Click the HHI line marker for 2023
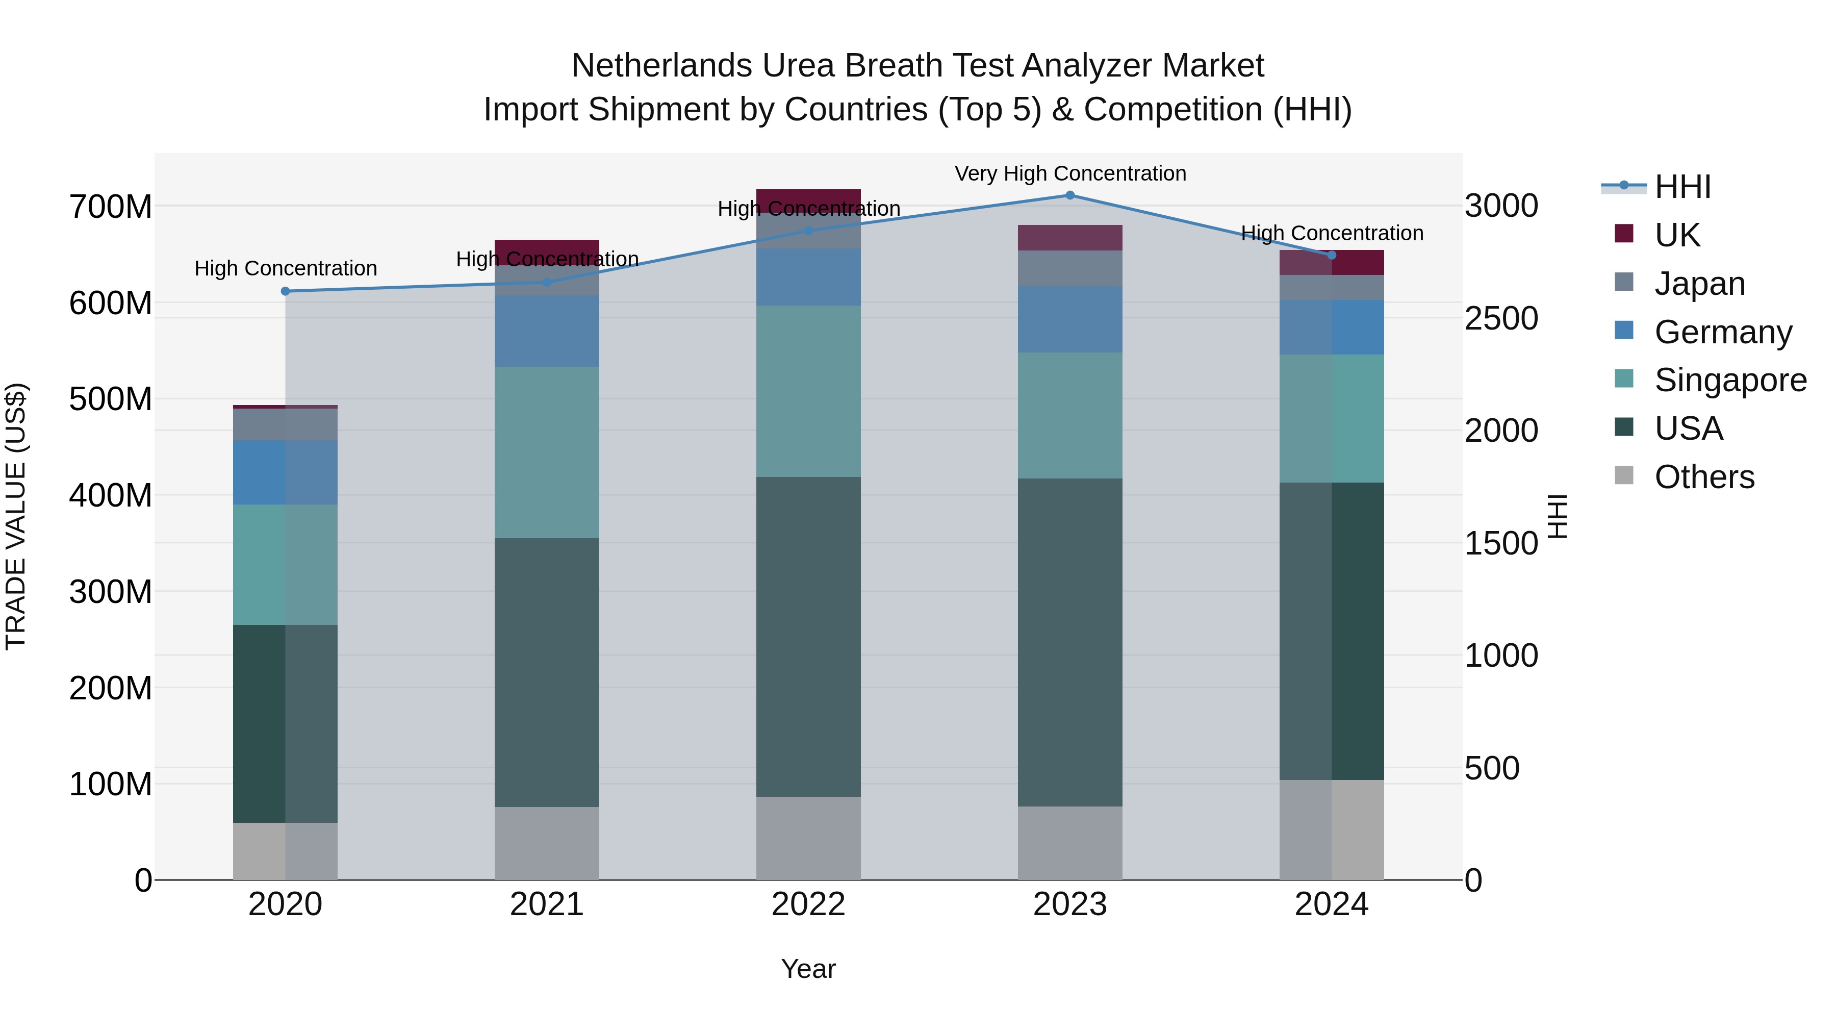tap(1070, 195)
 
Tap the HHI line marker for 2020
tap(285, 291)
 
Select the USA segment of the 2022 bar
tap(808, 636)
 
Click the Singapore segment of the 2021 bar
tap(547, 452)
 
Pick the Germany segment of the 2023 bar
tap(1070, 319)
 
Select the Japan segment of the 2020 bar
tap(285, 424)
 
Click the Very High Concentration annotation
tap(1070, 173)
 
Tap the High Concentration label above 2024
tap(1332, 233)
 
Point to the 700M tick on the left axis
tap(111, 207)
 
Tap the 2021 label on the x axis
tap(547, 904)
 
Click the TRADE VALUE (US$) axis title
tap(16, 516)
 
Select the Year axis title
tap(808, 969)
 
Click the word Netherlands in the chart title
tap(661, 66)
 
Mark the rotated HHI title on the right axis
tap(1558, 516)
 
